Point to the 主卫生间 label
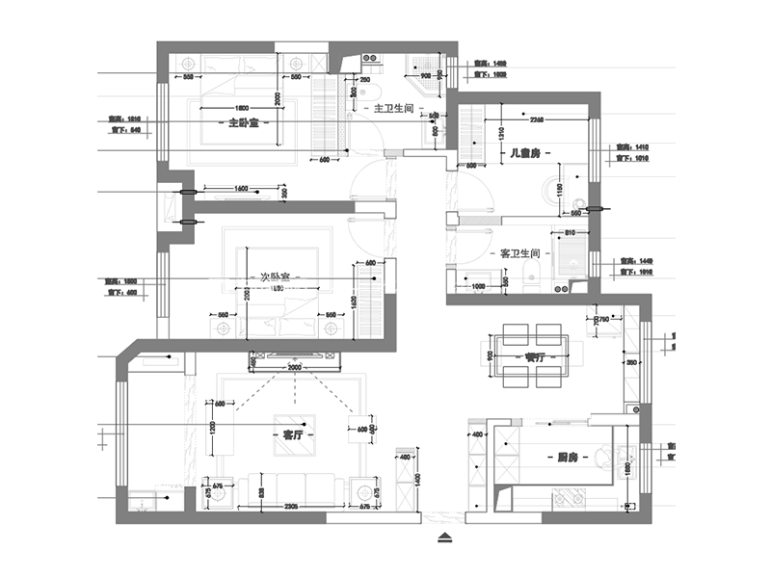point(393,109)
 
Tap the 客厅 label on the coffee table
point(291,434)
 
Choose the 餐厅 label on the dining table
point(537,356)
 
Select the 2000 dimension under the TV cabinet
point(294,367)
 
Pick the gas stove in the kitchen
point(571,497)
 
